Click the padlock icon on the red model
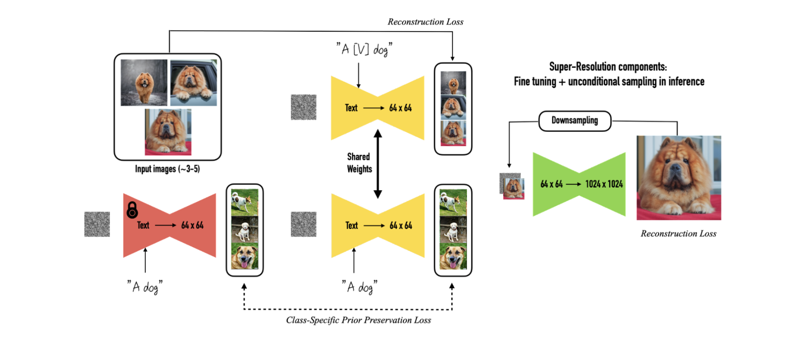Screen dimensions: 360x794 click(132, 210)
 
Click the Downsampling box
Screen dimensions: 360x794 click(574, 121)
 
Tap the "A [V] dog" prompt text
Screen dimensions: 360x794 click(364, 49)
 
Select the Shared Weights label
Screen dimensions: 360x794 click(359, 163)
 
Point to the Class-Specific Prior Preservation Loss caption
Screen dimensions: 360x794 click(358, 320)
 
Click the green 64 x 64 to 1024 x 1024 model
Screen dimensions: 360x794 click(579, 184)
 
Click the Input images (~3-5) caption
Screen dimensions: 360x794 click(167, 169)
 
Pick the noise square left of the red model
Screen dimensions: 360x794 click(97, 224)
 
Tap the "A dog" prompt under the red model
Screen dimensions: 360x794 click(145, 287)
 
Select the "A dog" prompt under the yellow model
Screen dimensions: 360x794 click(359, 287)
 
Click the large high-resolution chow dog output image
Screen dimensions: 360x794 click(679, 178)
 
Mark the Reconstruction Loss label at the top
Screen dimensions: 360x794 click(425, 22)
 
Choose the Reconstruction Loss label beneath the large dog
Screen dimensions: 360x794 click(678, 234)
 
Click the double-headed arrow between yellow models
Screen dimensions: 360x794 click(378, 164)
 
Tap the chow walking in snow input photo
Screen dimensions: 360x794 click(144, 83)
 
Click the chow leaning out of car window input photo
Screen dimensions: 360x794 click(193, 83)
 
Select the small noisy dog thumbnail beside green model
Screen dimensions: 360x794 click(512, 186)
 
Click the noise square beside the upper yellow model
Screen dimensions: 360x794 click(303, 107)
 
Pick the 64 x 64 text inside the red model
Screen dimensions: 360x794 click(192, 225)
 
